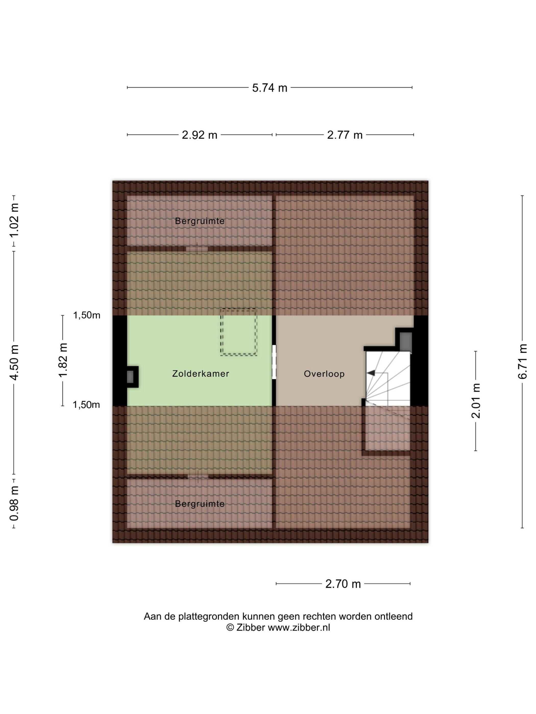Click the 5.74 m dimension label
pos(270,88)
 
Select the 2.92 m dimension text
pos(199,135)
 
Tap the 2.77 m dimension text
pos(345,135)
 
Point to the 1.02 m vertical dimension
pos(14,221)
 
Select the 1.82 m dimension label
pos(63,360)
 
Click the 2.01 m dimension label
pos(476,401)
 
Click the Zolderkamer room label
pos(201,374)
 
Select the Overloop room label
pos(324,374)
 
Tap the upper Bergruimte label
pos(200,221)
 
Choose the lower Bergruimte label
pos(200,504)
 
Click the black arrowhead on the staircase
pos(371,373)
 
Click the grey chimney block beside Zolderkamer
pos(130,377)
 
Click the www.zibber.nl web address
pos(299,628)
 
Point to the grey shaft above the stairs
pos(406,341)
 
